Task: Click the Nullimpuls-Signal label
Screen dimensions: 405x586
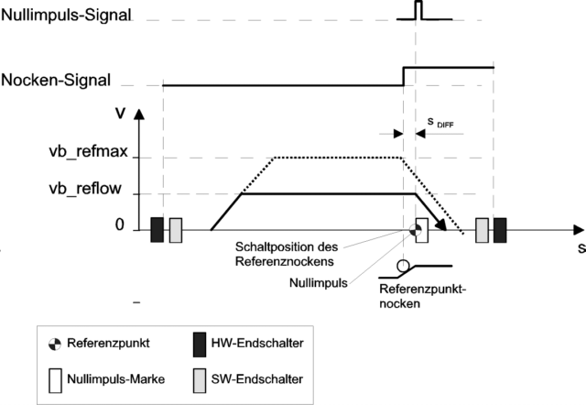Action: (67, 16)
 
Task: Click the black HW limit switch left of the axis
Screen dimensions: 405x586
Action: (157, 230)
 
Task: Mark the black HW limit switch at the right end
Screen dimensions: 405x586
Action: (500, 230)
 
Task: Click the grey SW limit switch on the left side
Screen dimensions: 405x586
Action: (176, 230)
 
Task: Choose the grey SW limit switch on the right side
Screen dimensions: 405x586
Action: (482, 230)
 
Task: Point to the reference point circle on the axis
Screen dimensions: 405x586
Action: (416, 229)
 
